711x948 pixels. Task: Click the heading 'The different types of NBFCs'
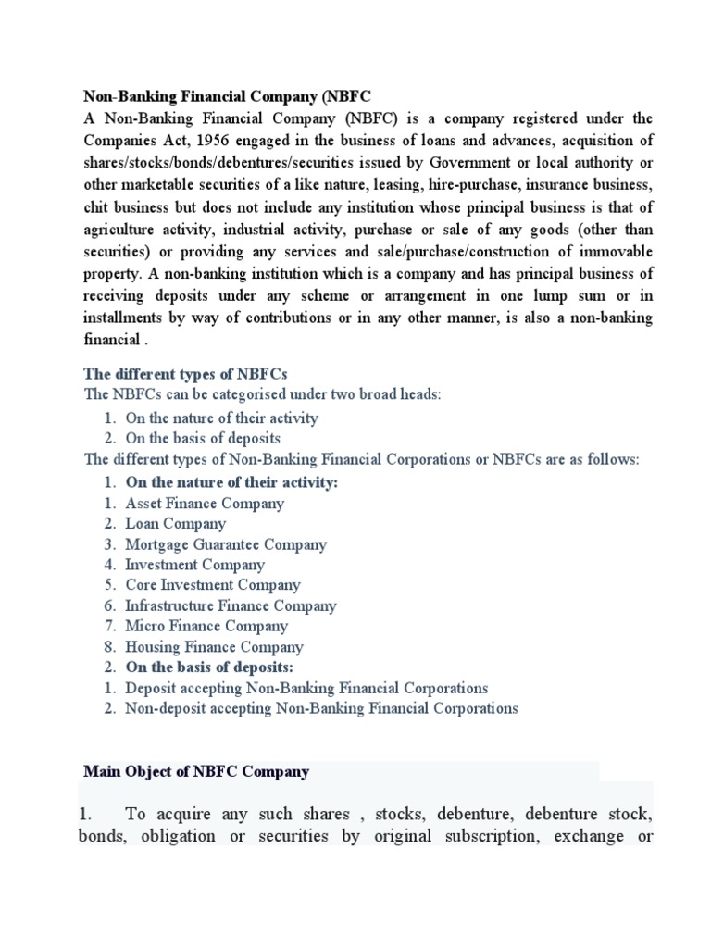186,373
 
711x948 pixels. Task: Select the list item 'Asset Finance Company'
205,504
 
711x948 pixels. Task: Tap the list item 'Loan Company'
176,524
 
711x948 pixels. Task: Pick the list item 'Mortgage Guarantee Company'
226,544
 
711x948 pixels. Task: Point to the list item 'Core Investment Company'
213,585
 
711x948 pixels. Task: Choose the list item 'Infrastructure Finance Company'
231,605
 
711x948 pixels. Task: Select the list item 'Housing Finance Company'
214,647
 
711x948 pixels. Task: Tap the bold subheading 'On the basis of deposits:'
209,667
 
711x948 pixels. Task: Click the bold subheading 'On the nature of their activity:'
231,482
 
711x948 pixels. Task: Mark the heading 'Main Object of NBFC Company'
196,771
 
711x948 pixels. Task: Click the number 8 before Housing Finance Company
108,647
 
